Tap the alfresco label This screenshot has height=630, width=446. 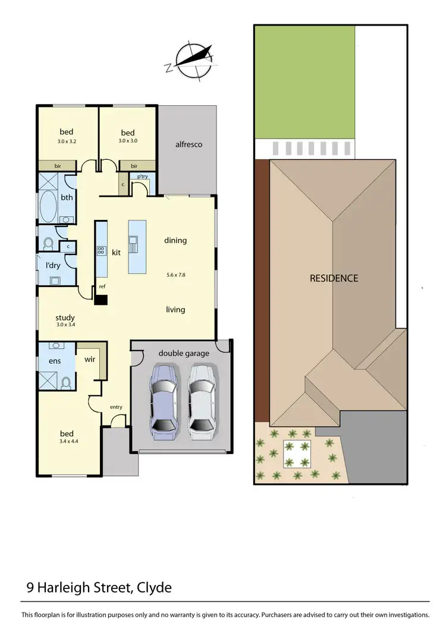(189, 144)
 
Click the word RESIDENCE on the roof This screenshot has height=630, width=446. (334, 278)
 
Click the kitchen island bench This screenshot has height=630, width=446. (137, 246)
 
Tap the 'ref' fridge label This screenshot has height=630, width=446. (102, 286)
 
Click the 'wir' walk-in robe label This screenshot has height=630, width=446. (91, 359)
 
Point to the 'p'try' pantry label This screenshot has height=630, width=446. (143, 177)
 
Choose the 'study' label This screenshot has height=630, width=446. (65, 317)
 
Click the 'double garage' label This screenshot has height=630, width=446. (184, 354)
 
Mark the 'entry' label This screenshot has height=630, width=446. (116, 407)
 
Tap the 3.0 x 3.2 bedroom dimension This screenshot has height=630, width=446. (67, 141)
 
